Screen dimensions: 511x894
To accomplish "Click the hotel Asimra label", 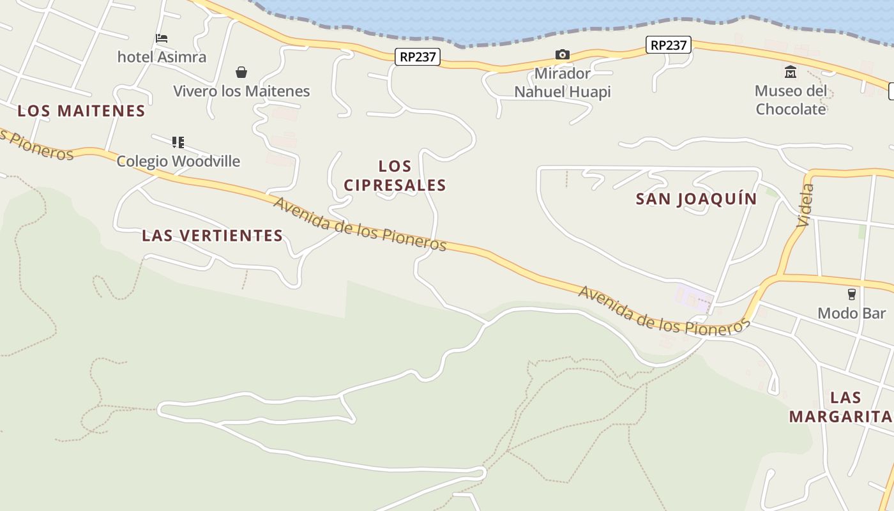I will pyautogui.click(x=162, y=57).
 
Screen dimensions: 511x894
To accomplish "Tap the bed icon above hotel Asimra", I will pyautogui.click(x=162, y=39).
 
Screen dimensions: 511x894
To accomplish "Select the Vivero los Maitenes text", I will pyautogui.click(x=241, y=91).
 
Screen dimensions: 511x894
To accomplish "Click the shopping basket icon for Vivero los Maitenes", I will pyautogui.click(x=241, y=72).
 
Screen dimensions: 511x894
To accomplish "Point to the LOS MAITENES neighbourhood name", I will pyautogui.click(x=82, y=111).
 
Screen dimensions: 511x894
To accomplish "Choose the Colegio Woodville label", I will pyautogui.click(x=178, y=161).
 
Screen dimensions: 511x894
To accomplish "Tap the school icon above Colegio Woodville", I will pyautogui.click(x=178, y=142).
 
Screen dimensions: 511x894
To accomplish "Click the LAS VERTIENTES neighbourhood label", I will pyautogui.click(x=213, y=235).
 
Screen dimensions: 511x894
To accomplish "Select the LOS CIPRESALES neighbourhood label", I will pyautogui.click(x=395, y=176).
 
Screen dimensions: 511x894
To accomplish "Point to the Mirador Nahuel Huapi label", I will pyautogui.click(x=563, y=82).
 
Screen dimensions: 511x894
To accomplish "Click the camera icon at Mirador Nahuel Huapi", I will pyautogui.click(x=563, y=54).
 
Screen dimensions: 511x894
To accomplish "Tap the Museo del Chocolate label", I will pyautogui.click(x=791, y=100).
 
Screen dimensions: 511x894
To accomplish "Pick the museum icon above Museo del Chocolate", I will pyautogui.click(x=791, y=72).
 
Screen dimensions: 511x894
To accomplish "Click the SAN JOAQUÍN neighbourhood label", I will pyautogui.click(x=696, y=199).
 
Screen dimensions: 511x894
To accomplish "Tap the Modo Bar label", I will pyautogui.click(x=852, y=313).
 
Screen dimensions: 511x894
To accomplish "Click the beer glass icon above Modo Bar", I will pyautogui.click(x=851, y=294).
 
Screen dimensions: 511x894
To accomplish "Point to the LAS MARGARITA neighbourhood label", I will pyautogui.click(x=840, y=407).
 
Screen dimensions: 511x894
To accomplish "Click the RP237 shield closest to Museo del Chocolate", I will pyautogui.click(x=669, y=45).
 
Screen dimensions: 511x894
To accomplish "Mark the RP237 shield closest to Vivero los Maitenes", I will pyautogui.click(x=418, y=57).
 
